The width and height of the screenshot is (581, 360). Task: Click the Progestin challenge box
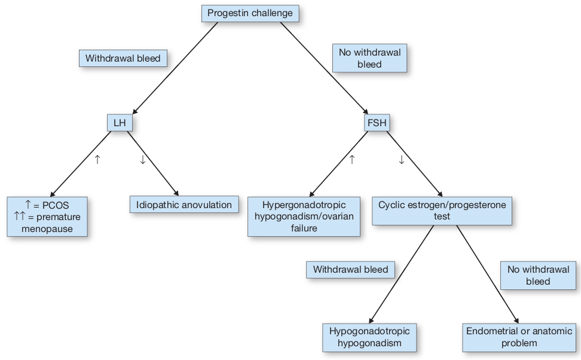pos(250,13)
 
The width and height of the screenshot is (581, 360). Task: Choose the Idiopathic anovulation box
pos(184,205)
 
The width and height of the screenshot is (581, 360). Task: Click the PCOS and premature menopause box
pos(47,216)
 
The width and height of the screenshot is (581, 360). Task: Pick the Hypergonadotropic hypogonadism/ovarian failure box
pos(304,216)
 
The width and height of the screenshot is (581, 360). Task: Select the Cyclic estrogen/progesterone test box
pos(442,211)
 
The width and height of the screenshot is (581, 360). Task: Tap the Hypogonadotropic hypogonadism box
pos(369,337)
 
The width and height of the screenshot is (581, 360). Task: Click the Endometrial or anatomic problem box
pos(519,337)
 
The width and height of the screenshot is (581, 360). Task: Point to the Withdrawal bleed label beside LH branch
pos(123,59)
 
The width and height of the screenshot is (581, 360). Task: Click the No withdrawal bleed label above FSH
pos(369,58)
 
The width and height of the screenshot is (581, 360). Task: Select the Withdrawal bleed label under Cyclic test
pos(350,270)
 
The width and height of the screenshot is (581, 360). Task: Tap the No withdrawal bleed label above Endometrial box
pos(538,276)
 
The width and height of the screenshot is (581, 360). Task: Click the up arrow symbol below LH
pos(97,160)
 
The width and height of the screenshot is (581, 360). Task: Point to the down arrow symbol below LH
pos(143,160)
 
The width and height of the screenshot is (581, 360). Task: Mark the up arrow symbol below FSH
pos(351,160)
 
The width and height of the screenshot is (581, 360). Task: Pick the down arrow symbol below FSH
pos(401,160)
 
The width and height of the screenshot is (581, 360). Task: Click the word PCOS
pos(56,205)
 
